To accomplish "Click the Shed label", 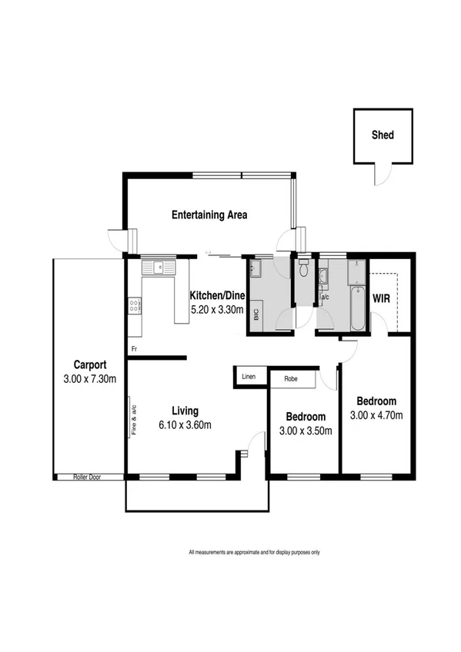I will [x=382, y=135].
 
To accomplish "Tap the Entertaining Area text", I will [x=209, y=215].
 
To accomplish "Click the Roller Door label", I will [x=89, y=477].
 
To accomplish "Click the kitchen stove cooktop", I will [x=134, y=305].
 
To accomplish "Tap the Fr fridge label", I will [x=134, y=349].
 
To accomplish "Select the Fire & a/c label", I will [x=133, y=420].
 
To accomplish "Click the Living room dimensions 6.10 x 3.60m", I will [x=185, y=425].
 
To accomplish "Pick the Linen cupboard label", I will [x=249, y=378].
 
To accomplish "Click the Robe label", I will [x=291, y=379].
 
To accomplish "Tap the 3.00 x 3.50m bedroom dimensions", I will [x=306, y=431].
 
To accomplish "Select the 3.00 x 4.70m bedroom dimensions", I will [x=376, y=415].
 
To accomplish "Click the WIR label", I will [x=382, y=298].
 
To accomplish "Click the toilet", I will [x=303, y=269].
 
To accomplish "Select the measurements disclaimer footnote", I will [x=255, y=552].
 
